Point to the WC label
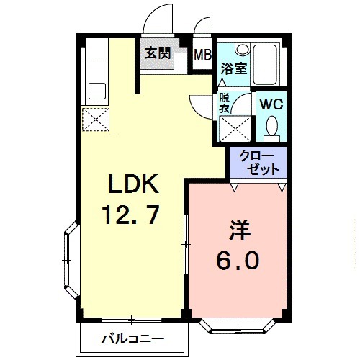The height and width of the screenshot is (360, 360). click(271, 104)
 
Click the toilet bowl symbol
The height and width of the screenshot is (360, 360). click(271, 128)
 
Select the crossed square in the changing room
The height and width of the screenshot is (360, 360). click(236, 130)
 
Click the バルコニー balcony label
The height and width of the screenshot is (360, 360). click(132, 338)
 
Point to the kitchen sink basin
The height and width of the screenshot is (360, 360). click(96, 91)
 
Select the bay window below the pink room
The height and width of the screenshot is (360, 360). click(238, 325)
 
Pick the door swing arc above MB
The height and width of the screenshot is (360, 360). click(202, 24)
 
